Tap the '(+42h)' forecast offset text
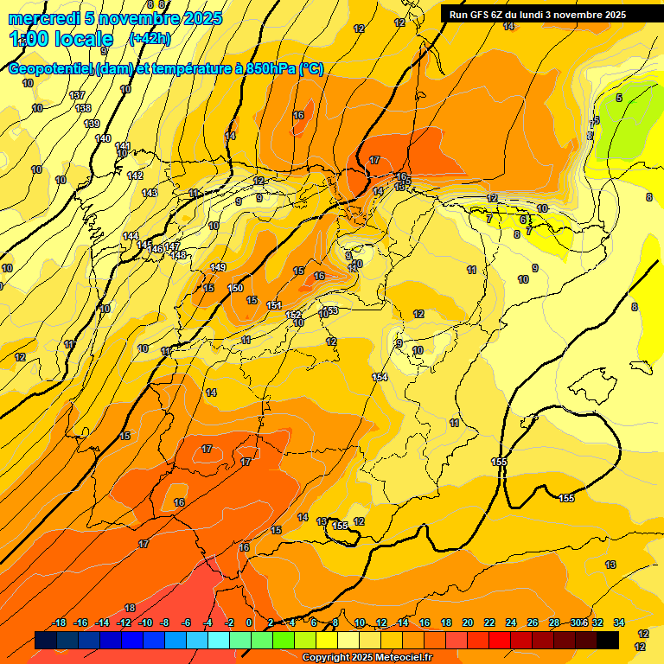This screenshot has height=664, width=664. click(150, 39)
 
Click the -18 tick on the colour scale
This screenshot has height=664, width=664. click(59, 622)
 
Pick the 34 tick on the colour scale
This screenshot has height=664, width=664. click(619, 622)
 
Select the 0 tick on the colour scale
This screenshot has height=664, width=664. click(249, 622)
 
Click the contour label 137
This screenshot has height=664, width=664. click(78, 95)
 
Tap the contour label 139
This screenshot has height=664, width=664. click(92, 124)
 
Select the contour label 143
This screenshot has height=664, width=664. click(150, 193)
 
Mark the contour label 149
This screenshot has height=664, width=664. click(218, 267)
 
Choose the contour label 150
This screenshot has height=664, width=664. click(235, 288)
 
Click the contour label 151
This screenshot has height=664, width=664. click(274, 305)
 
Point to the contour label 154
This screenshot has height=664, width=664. click(380, 377)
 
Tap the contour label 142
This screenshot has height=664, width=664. click(135, 176)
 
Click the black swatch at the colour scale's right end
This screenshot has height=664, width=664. click(607, 640)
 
